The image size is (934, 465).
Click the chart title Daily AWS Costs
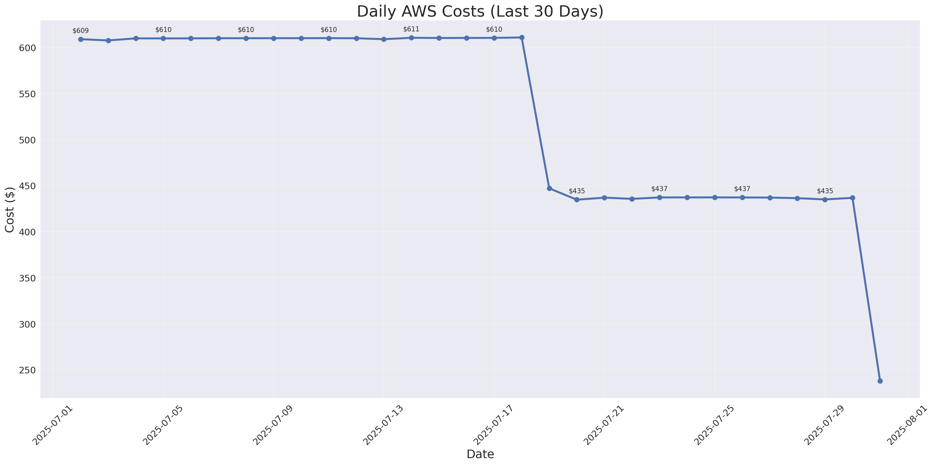(x=480, y=12)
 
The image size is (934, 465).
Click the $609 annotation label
(x=81, y=31)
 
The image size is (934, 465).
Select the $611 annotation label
(x=411, y=29)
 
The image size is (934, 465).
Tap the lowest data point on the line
(x=880, y=381)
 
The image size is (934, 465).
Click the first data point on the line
(x=81, y=39)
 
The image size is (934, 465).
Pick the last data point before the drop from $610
(x=522, y=37)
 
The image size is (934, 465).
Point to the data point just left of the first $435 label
(x=549, y=189)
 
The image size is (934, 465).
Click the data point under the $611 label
(x=411, y=38)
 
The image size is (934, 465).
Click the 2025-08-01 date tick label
(x=906, y=425)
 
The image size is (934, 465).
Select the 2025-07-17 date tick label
(x=494, y=425)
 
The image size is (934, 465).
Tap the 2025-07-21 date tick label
(x=604, y=425)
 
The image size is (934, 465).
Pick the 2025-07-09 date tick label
(x=273, y=425)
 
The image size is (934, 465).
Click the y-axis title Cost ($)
(x=10, y=209)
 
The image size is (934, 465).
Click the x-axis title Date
(x=480, y=454)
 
